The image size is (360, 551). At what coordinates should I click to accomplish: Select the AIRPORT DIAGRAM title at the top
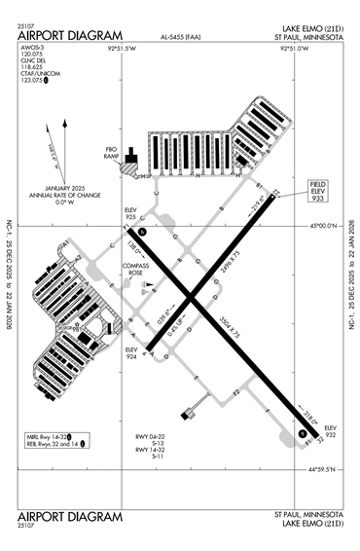coord(69,36)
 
